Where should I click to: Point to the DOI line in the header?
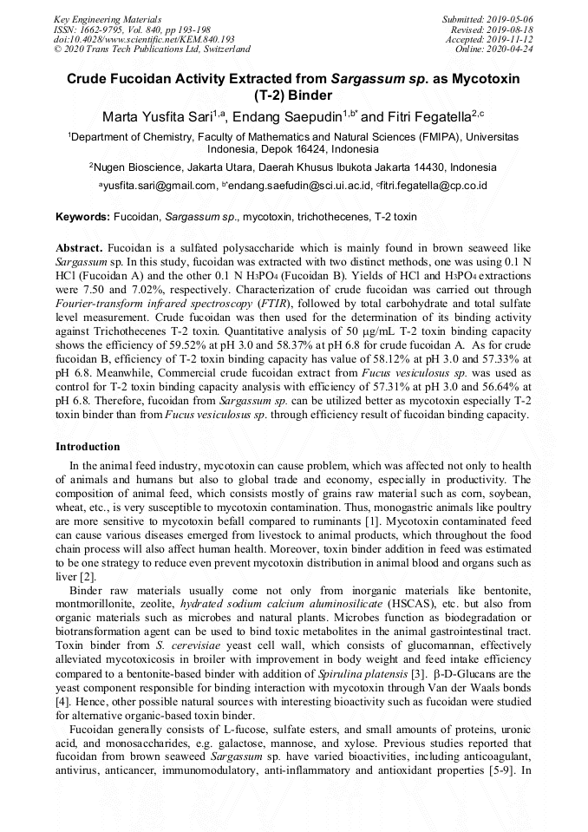click(144, 39)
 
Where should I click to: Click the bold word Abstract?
click(80, 247)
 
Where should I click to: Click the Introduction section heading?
click(88, 447)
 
